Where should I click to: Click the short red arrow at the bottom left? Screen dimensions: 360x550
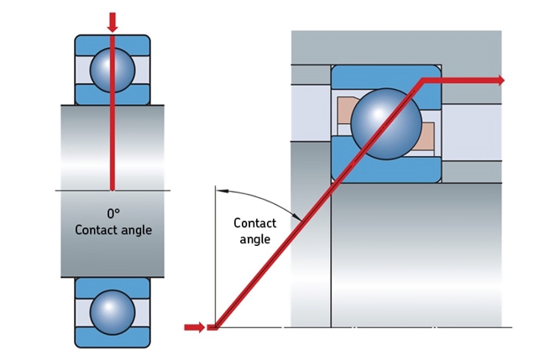pyautogui.click(x=194, y=326)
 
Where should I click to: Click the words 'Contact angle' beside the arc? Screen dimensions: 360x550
pyautogui.click(x=254, y=231)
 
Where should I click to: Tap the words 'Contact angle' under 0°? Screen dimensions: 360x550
pyautogui.click(x=113, y=230)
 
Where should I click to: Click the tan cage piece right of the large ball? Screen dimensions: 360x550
pyautogui.click(x=427, y=134)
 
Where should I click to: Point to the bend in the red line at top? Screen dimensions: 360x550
pyautogui.click(x=422, y=81)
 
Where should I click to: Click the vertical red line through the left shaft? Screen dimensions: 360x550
pyautogui.click(x=113, y=143)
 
